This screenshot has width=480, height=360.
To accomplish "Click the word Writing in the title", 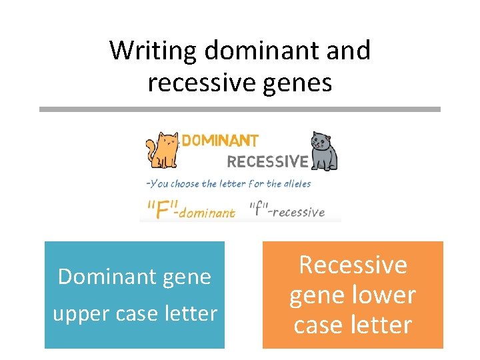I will point(154,51).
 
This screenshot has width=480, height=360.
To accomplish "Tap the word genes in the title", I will point(297,83).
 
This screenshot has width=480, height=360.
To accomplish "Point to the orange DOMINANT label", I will point(220,141).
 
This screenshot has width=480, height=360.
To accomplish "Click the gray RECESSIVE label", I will point(267,162).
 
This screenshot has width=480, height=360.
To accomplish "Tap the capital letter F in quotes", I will point(161,210).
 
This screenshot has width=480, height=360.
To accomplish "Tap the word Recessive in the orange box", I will point(353,265).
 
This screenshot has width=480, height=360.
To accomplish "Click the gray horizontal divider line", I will point(240,109).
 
